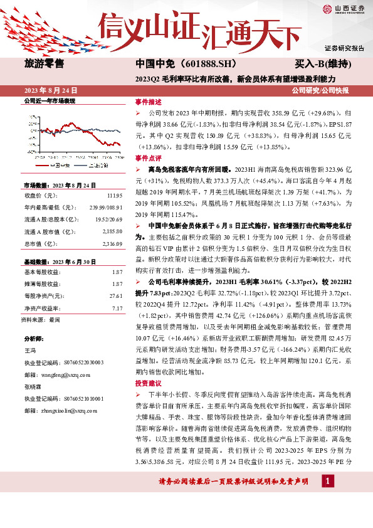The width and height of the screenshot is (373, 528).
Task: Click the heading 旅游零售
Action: pos(43,63)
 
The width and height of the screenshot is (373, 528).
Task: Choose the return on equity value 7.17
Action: pos(117,308)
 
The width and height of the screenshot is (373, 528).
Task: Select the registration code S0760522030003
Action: pos(81,362)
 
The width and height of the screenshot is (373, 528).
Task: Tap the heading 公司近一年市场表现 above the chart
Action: pos(49,100)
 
